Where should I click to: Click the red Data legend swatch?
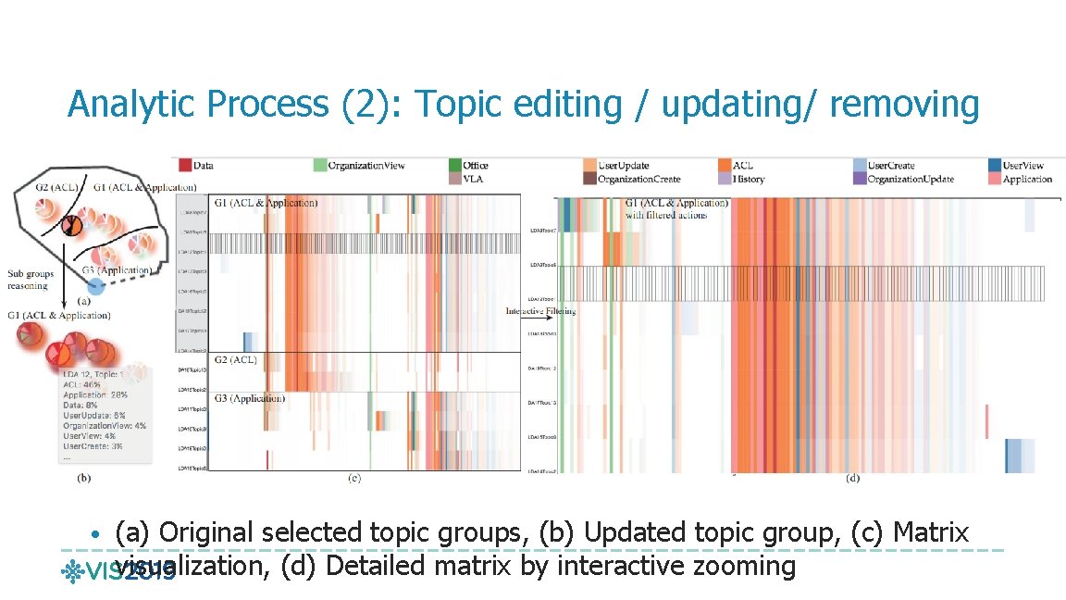click(185, 165)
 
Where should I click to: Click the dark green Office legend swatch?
click(455, 165)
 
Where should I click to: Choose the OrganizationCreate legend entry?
click(639, 179)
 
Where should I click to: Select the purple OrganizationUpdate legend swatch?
click(861, 179)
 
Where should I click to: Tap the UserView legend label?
click(1028, 166)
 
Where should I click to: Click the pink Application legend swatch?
click(995, 179)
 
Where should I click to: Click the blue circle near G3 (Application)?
click(108, 285)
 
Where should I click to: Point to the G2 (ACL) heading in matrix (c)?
click(235, 359)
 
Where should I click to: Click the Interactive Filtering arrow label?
click(540, 311)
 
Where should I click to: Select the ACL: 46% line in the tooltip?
click(82, 382)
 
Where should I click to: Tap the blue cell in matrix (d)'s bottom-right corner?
click(1020, 455)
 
